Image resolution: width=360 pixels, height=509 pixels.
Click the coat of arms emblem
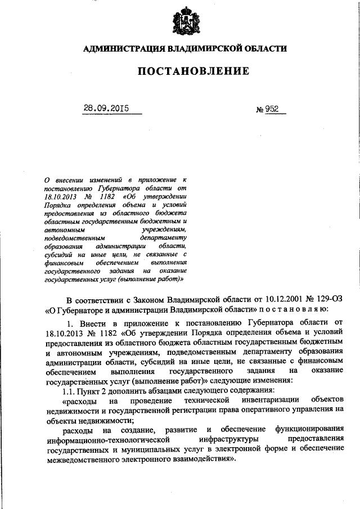(x=184, y=20)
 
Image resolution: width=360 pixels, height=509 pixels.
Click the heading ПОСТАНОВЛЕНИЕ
(x=184, y=71)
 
